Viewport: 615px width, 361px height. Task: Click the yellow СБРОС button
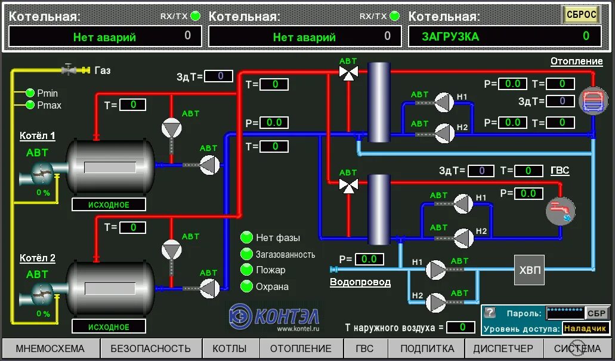581,15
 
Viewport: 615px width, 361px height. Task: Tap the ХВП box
529,270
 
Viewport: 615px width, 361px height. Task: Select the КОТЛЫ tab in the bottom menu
230,348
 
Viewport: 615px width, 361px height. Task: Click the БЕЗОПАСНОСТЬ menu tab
150,348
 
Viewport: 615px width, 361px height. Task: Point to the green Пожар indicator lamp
247,270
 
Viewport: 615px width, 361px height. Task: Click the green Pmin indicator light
30,93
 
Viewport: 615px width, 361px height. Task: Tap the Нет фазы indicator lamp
247,237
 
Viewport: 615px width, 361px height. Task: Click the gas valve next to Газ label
70,70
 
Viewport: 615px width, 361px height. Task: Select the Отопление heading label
576,61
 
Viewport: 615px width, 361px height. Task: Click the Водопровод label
360,282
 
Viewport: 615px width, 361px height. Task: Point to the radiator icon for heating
593,100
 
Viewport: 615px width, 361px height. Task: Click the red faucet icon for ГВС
561,211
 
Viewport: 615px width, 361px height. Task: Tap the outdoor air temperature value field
461,327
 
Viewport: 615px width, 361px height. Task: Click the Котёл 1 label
37,135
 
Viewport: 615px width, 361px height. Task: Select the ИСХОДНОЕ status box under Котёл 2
109,327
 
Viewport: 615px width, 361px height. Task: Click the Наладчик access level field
585,328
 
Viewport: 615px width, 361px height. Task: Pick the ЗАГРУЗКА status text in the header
450,36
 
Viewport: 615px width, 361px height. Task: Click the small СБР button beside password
597,313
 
